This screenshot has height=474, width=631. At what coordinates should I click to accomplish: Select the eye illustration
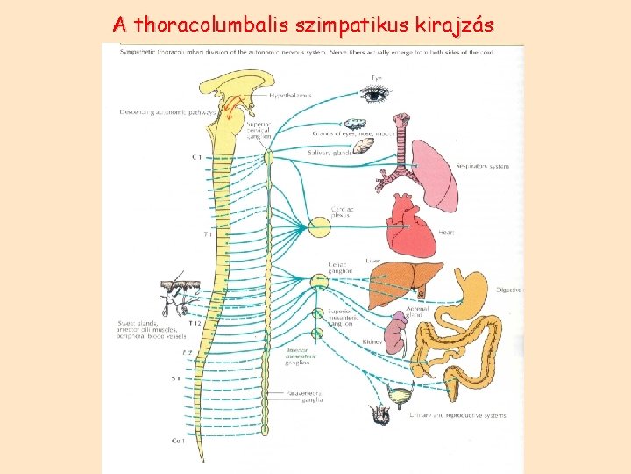tap(375, 92)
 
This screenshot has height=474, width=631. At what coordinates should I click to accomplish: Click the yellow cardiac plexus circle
tap(319, 227)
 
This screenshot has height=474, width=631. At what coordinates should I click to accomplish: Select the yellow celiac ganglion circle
tap(319, 282)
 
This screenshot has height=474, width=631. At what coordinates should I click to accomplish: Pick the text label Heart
tap(447, 233)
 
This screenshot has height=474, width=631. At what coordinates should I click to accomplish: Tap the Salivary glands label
tap(330, 153)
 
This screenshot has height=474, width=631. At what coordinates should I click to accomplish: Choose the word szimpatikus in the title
tap(347, 26)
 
